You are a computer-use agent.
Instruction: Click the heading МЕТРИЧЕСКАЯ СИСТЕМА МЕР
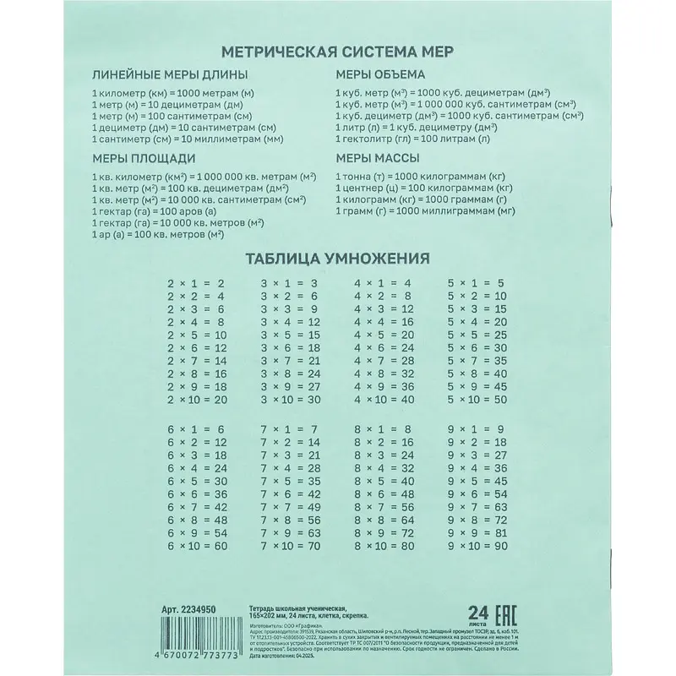(336, 52)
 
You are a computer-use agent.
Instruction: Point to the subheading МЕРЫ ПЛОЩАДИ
(143, 157)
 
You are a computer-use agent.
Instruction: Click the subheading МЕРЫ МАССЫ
(379, 157)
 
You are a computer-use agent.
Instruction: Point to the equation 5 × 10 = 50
(476, 399)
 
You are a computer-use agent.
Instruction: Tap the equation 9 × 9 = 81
(476, 533)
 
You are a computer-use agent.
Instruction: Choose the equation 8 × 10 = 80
(383, 547)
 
